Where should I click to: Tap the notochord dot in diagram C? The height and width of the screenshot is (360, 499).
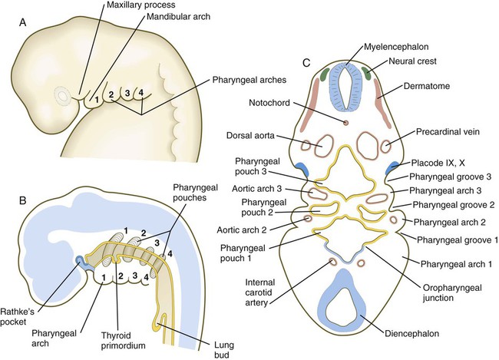[345, 123]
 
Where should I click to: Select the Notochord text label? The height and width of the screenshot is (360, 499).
[269, 103]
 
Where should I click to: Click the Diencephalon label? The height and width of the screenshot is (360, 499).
[411, 334]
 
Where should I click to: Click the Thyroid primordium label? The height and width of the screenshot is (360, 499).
[123, 340]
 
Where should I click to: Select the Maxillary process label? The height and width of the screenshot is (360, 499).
[140, 5]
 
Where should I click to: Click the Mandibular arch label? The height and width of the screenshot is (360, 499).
[179, 16]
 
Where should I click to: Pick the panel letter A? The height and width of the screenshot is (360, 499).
[22, 23]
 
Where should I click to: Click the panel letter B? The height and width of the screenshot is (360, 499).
[22, 201]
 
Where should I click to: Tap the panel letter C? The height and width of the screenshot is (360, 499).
[306, 64]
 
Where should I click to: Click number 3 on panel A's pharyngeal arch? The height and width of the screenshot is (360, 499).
[127, 94]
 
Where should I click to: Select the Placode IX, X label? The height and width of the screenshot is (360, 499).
[438, 163]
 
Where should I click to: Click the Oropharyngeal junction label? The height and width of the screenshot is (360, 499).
[452, 293]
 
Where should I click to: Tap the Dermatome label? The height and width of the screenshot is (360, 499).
[427, 86]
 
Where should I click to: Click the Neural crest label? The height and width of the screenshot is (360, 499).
[413, 61]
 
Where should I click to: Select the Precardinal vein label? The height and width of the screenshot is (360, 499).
[448, 131]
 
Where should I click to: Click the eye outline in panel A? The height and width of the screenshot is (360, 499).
[62, 95]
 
